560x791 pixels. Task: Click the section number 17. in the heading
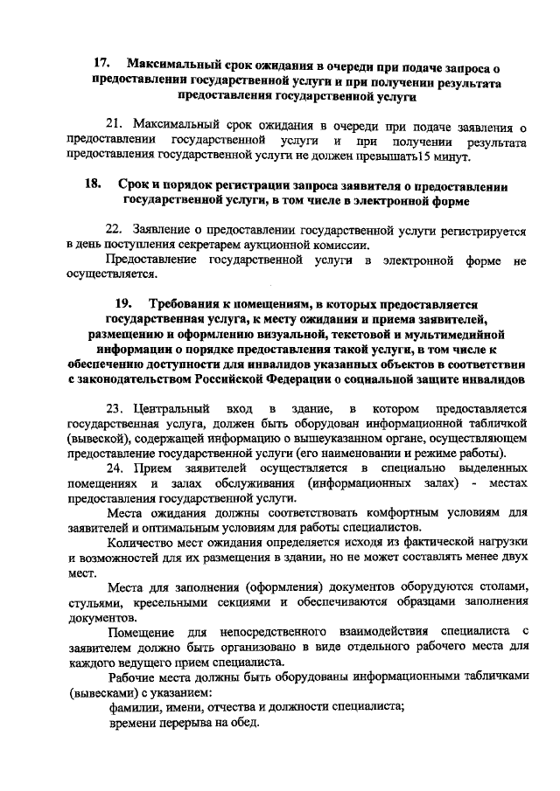101,65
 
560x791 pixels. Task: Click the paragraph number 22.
115,229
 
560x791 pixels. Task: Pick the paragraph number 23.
116,408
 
